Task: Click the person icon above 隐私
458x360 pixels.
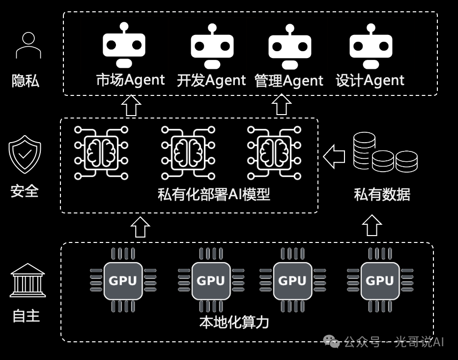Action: click(x=29, y=46)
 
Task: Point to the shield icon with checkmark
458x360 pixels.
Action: click(x=25, y=154)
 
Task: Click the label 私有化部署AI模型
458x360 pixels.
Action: click(x=214, y=194)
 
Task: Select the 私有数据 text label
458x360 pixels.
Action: click(x=382, y=194)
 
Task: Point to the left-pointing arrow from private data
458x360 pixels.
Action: click(x=334, y=156)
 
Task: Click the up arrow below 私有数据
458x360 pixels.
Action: click(x=372, y=226)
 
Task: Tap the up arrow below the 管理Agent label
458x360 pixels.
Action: click(x=282, y=105)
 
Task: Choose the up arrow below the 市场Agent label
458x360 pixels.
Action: click(x=131, y=105)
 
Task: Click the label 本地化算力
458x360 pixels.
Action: click(x=234, y=323)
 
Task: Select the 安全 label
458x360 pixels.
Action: click(x=25, y=190)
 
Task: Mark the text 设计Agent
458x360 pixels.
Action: click(x=370, y=80)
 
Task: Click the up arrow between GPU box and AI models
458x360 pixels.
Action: click(x=141, y=227)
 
